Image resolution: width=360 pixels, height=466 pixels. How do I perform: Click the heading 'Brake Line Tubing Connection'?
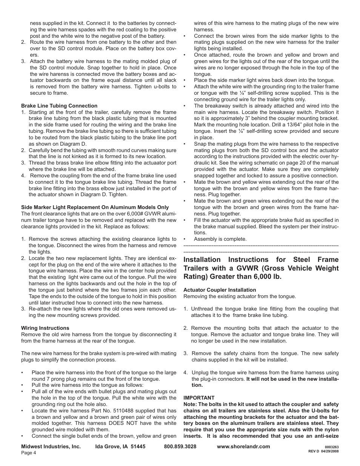pyautogui.click(x=59, y=106)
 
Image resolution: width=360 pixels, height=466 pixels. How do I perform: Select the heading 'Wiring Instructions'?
pyautogui.click(x=45, y=328)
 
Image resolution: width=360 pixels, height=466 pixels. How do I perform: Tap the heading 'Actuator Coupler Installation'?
pyautogui.click(x=220, y=290)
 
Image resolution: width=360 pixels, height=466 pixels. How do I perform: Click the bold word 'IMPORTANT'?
pyautogui.click(x=199, y=398)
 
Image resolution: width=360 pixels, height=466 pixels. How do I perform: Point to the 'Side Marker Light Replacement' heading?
pyautogui.click(x=95, y=207)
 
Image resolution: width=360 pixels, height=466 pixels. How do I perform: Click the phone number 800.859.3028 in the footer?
pyautogui.click(x=180, y=446)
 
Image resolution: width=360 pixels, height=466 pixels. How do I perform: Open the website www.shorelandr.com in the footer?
pyautogui.click(x=243, y=446)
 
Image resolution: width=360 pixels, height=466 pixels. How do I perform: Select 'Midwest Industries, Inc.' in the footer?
pyautogui.click(x=51, y=446)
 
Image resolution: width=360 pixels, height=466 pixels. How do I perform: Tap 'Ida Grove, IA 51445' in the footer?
pyautogui.click(x=120, y=446)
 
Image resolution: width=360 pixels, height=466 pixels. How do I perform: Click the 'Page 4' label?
pyautogui.click(x=28, y=453)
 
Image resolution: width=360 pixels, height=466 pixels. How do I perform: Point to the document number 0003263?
pyautogui.click(x=331, y=447)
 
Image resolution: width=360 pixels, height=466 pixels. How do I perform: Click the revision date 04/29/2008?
pyautogui.click(x=330, y=452)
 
